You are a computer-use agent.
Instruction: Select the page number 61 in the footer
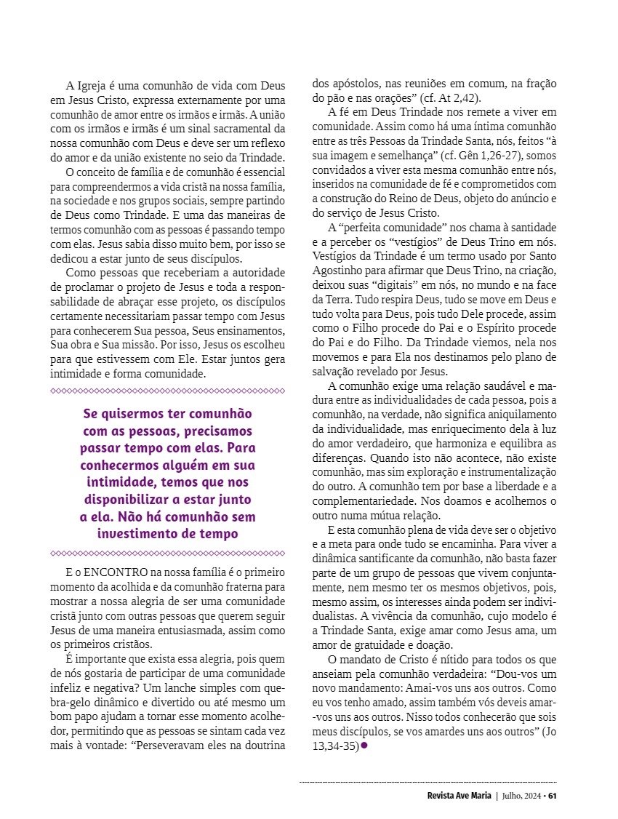coord(553,795)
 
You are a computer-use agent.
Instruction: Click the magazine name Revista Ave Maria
coord(460,795)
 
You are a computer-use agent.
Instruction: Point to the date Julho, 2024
coord(521,795)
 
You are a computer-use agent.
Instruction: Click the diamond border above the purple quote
coord(167,391)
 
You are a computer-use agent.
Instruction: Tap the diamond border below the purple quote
coord(167,553)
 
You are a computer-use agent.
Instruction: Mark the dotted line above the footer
coord(428,782)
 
